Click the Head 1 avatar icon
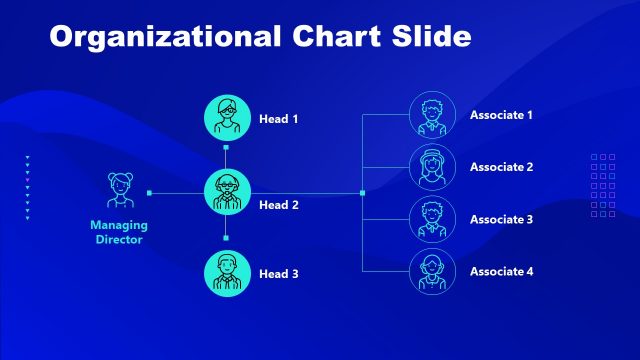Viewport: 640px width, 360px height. tap(226, 118)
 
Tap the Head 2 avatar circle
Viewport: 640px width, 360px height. tap(226, 192)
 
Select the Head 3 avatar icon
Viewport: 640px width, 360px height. tap(226, 273)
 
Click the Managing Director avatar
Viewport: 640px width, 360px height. tap(120, 191)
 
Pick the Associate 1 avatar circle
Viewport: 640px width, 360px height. tap(433, 115)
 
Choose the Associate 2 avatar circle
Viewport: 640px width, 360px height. tap(433, 167)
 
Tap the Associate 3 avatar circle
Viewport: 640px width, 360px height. tap(433, 219)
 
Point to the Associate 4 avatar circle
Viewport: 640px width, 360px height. tap(433, 271)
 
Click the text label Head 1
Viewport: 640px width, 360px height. tap(279, 119)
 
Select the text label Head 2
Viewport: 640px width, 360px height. tap(279, 205)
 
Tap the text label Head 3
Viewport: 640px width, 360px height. tap(279, 274)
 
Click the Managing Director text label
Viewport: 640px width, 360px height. tap(118, 233)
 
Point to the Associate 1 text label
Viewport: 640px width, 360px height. tap(501, 115)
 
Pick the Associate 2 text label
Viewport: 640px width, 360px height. tap(501, 167)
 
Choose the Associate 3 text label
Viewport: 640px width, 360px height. tap(501, 219)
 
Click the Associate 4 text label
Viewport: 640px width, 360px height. tap(501, 271)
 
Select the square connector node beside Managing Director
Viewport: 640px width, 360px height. tap(149, 192)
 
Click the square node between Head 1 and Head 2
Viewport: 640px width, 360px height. tap(226, 148)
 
